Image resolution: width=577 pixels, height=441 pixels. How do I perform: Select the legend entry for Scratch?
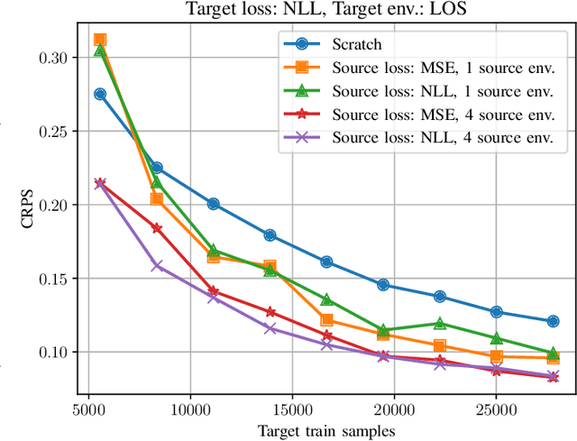click(356, 43)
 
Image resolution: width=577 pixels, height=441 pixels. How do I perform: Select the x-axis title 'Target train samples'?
click(326, 430)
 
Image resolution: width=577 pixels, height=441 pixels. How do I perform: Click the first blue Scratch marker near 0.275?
click(100, 94)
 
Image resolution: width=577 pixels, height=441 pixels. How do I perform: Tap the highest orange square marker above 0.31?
click(100, 40)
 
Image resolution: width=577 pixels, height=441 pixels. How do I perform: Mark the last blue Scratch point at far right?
click(553, 321)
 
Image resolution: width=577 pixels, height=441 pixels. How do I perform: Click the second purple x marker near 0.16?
click(157, 265)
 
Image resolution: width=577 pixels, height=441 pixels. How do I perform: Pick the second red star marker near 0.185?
click(157, 228)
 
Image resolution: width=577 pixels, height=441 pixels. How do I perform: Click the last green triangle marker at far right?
click(553, 353)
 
